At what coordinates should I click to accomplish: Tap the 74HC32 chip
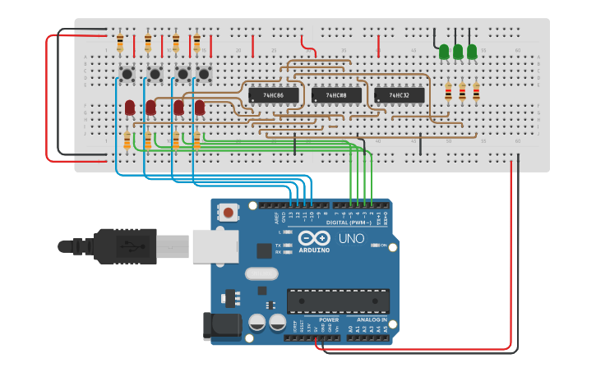(x=399, y=95)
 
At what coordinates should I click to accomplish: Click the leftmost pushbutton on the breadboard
(x=127, y=75)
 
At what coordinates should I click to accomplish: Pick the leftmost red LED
(x=130, y=107)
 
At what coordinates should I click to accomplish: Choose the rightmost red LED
(x=199, y=107)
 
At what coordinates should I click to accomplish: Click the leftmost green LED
(x=444, y=52)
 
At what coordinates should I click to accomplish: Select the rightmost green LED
(x=472, y=52)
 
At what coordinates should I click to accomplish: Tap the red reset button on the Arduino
(x=228, y=213)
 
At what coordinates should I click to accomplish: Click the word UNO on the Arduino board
(x=351, y=239)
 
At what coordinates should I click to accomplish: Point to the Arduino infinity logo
(x=312, y=238)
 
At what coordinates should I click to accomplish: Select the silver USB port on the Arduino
(x=215, y=246)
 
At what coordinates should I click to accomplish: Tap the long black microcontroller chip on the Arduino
(x=338, y=301)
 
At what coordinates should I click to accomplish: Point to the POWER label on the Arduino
(x=328, y=319)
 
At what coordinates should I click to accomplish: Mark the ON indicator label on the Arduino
(x=383, y=246)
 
